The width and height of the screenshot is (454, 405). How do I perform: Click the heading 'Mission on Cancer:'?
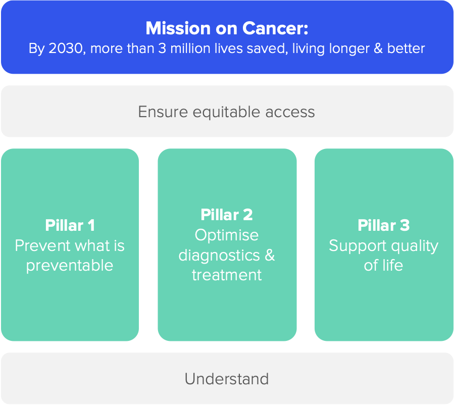(227, 28)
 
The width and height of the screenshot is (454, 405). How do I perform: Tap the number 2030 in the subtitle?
(66, 48)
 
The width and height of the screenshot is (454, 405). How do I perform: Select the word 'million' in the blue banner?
(190, 48)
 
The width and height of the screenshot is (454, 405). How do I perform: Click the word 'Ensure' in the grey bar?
(163, 112)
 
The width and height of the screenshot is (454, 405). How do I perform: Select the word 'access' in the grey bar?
(290, 112)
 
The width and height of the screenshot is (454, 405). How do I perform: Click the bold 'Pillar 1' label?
(70, 225)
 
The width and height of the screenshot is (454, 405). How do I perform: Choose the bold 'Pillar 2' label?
(227, 215)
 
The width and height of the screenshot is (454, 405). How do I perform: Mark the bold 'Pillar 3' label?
(384, 225)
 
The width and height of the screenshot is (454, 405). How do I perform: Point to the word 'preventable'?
(70, 266)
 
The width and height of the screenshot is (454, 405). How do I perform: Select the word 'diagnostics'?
(219, 256)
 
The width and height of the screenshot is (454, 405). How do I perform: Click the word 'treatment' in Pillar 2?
(227, 275)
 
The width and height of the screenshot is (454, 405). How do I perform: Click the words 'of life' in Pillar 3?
(383, 266)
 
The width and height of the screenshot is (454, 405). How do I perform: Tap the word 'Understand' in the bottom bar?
(227, 379)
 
